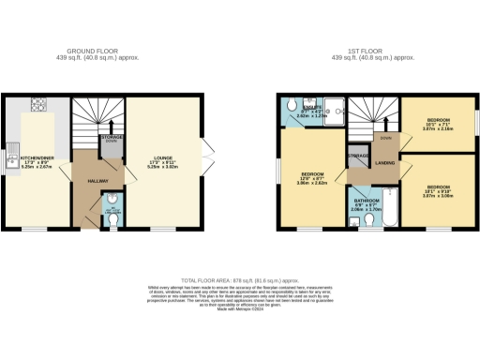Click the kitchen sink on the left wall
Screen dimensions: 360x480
pyautogui.click(x=13, y=148)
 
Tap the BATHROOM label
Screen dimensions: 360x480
pyautogui.click(x=367, y=202)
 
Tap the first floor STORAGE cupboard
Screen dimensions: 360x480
pyautogui.click(x=357, y=155)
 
